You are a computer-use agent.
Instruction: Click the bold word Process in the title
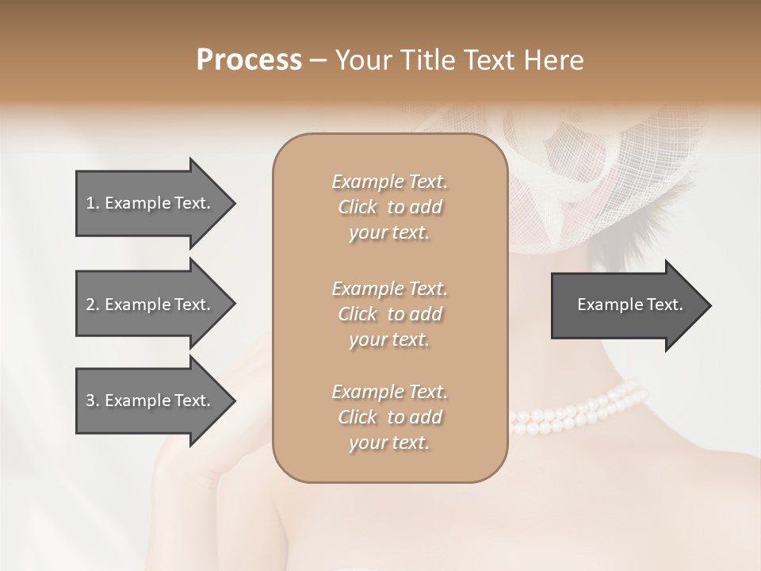(249, 60)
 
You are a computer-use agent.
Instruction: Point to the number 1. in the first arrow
(93, 203)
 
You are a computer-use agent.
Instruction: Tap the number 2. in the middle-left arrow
(93, 305)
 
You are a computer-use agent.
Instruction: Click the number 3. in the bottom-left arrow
(93, 400)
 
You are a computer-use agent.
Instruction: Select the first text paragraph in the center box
(389, 207)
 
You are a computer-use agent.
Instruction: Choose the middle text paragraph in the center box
(389, 314)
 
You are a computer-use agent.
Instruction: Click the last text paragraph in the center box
(389, 417)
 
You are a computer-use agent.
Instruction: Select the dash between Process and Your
(318, 60)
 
